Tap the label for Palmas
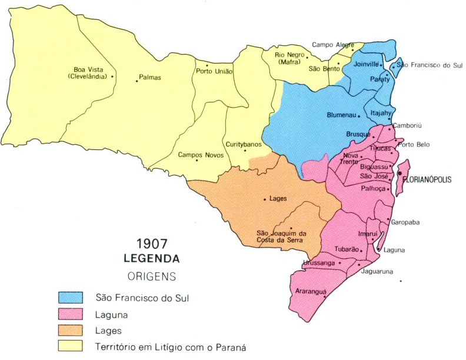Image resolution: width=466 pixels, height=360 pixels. [x=150, y=77]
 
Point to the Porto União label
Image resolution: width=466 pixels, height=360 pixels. [x=214, y=72]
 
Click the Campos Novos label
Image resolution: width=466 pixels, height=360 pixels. [x=199, y=155]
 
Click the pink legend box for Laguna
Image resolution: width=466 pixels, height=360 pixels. [x=69, y=315]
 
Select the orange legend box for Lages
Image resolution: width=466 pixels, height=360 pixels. [x=69, y=331]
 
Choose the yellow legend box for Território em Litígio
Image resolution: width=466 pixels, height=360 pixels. [x=69, y=346]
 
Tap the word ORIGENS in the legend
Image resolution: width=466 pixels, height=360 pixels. [x=151, y=275]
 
